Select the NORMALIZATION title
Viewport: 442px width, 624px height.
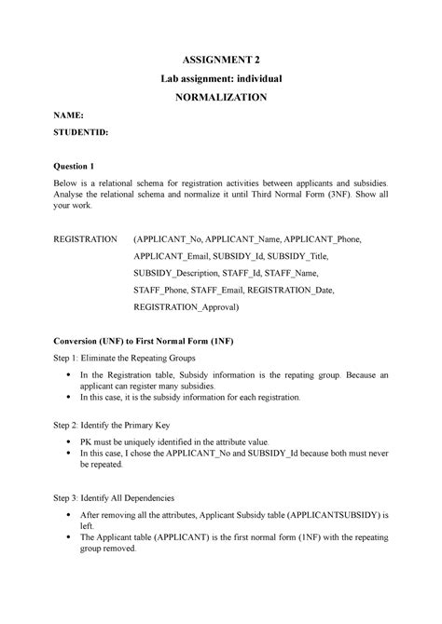pos(220,96)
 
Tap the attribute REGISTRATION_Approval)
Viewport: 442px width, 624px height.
pos(186,305)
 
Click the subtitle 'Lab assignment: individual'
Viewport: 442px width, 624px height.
pos(220,77)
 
